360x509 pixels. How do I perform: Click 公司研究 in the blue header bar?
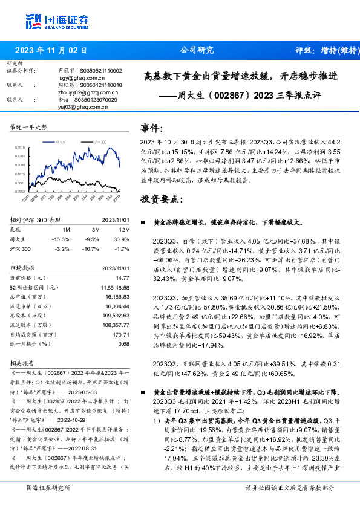tap(197, 51)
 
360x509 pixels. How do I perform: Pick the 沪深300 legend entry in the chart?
tap(99, 141)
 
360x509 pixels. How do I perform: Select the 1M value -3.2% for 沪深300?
tap(62, 248)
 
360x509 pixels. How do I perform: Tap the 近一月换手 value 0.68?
tap(124, 344)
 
